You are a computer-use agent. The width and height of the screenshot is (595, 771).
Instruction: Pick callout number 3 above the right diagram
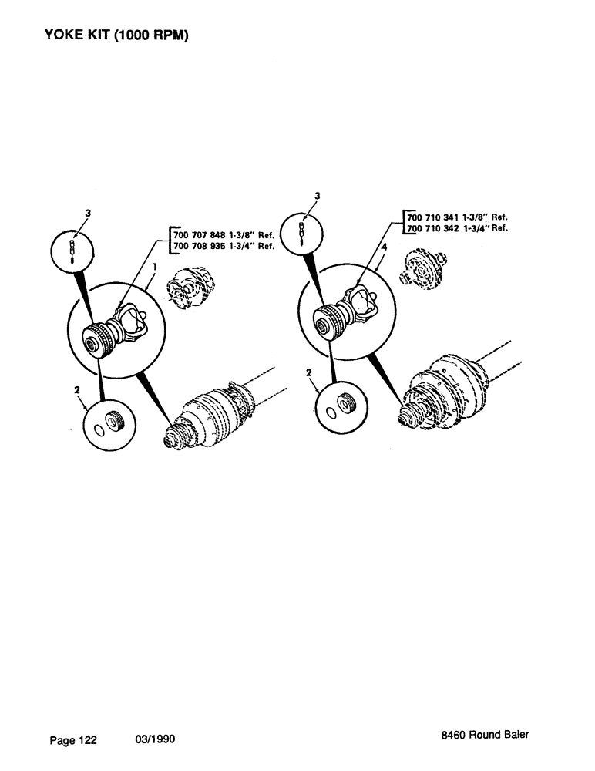pos(317,196)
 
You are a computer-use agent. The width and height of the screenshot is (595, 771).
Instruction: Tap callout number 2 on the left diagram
pos(76,391)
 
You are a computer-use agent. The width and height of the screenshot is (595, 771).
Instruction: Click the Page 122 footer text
pos(73,740)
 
